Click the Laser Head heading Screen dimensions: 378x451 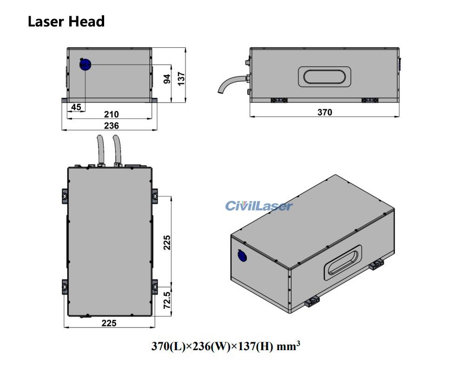point(66,21)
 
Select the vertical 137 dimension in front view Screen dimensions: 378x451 point(181,76)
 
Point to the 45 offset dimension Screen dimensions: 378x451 point(76,107)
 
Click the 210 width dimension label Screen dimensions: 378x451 point(111,114)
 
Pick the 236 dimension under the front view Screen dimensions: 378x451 point(111,125)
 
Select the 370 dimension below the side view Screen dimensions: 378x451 point(325,112)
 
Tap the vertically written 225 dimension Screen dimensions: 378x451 point(167,242)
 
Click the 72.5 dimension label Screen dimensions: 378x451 point(167,301)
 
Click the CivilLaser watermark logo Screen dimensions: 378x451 point(259,206)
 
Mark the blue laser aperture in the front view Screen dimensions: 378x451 point(86,65)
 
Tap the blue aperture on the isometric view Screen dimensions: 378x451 point(242,255)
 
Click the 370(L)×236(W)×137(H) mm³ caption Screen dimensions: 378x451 point(225,346)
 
